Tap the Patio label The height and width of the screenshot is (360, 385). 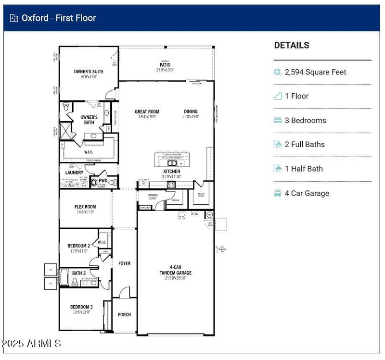[165, 64]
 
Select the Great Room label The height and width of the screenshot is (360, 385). [147, 112]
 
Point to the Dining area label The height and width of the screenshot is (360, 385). [191, 112]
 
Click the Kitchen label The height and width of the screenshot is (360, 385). [172, 171]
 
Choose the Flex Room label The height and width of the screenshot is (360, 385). [85, 207]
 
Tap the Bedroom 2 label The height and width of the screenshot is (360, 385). [79, 246]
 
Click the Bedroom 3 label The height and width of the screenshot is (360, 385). [81, 307]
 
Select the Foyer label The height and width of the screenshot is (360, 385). [124, 263]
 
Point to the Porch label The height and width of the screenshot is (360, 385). [124, 315]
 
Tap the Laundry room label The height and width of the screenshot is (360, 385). [74, 173]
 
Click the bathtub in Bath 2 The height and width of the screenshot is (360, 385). [64, 277]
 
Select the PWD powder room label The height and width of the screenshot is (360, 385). [103, 181]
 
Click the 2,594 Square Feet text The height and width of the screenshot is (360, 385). [315, 72]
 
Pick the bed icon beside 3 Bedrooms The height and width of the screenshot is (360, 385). [278, 120]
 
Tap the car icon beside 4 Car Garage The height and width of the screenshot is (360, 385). [278, 193]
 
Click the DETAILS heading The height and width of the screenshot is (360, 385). [292, 45]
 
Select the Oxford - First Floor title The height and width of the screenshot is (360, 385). [59, 18]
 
